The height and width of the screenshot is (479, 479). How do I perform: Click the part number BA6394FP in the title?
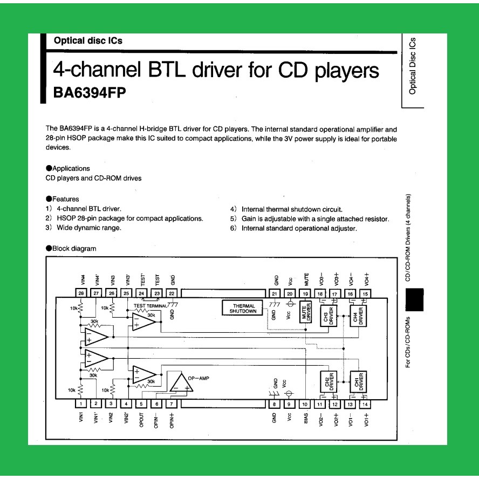coord(90,93)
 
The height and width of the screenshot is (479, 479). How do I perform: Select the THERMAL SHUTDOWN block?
coord(242,308)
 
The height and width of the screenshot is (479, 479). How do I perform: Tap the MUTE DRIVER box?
coord(306,312)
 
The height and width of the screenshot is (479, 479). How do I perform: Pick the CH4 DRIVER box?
coord(358,316)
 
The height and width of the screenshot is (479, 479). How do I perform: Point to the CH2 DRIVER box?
coord(329,382)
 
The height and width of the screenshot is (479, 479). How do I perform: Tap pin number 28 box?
coord(80,293)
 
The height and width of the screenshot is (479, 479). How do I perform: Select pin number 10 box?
coord(305,404)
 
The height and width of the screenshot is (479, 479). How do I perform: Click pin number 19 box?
coord(306,293)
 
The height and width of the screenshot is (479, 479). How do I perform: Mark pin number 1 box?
coord(80,404)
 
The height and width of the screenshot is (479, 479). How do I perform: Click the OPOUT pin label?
coord(141,419)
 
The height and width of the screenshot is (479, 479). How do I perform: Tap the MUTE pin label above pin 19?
coord(306,279)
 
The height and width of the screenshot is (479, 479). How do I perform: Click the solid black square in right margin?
coord(414,300)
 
